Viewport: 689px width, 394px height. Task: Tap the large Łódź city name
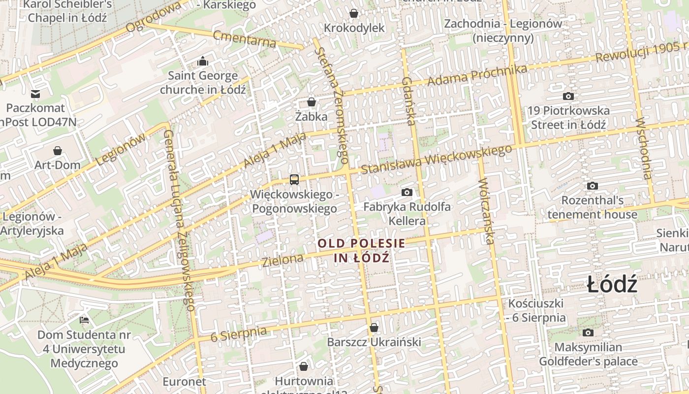click(612, 285)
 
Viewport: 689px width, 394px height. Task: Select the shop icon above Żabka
click(312, 102)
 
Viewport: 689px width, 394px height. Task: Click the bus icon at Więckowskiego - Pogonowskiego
click(294, 179)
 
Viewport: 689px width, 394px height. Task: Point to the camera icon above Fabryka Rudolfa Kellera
click(407, 192)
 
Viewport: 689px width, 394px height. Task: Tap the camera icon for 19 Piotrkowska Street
click(568, 96)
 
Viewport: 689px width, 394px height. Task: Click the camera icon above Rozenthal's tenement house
click(593, 186)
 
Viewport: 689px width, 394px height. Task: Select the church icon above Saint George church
click(203, 62)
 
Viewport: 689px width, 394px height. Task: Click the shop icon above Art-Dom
click(58, 150)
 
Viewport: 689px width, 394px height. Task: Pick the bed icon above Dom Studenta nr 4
click(85, 320)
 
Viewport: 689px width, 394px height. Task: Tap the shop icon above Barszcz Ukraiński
click(374, 328)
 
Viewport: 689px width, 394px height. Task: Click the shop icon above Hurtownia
click(304, 366)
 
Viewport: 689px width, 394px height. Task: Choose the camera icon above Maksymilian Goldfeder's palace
click(588, 332)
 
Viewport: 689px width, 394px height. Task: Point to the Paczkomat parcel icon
click(35, 94)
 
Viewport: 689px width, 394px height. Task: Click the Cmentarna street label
click(245, 38)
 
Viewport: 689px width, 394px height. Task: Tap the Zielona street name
click(282, 261)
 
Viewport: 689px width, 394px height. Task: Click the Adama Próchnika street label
click(477, 74)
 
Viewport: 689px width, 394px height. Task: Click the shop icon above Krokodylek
click(354, 13)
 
